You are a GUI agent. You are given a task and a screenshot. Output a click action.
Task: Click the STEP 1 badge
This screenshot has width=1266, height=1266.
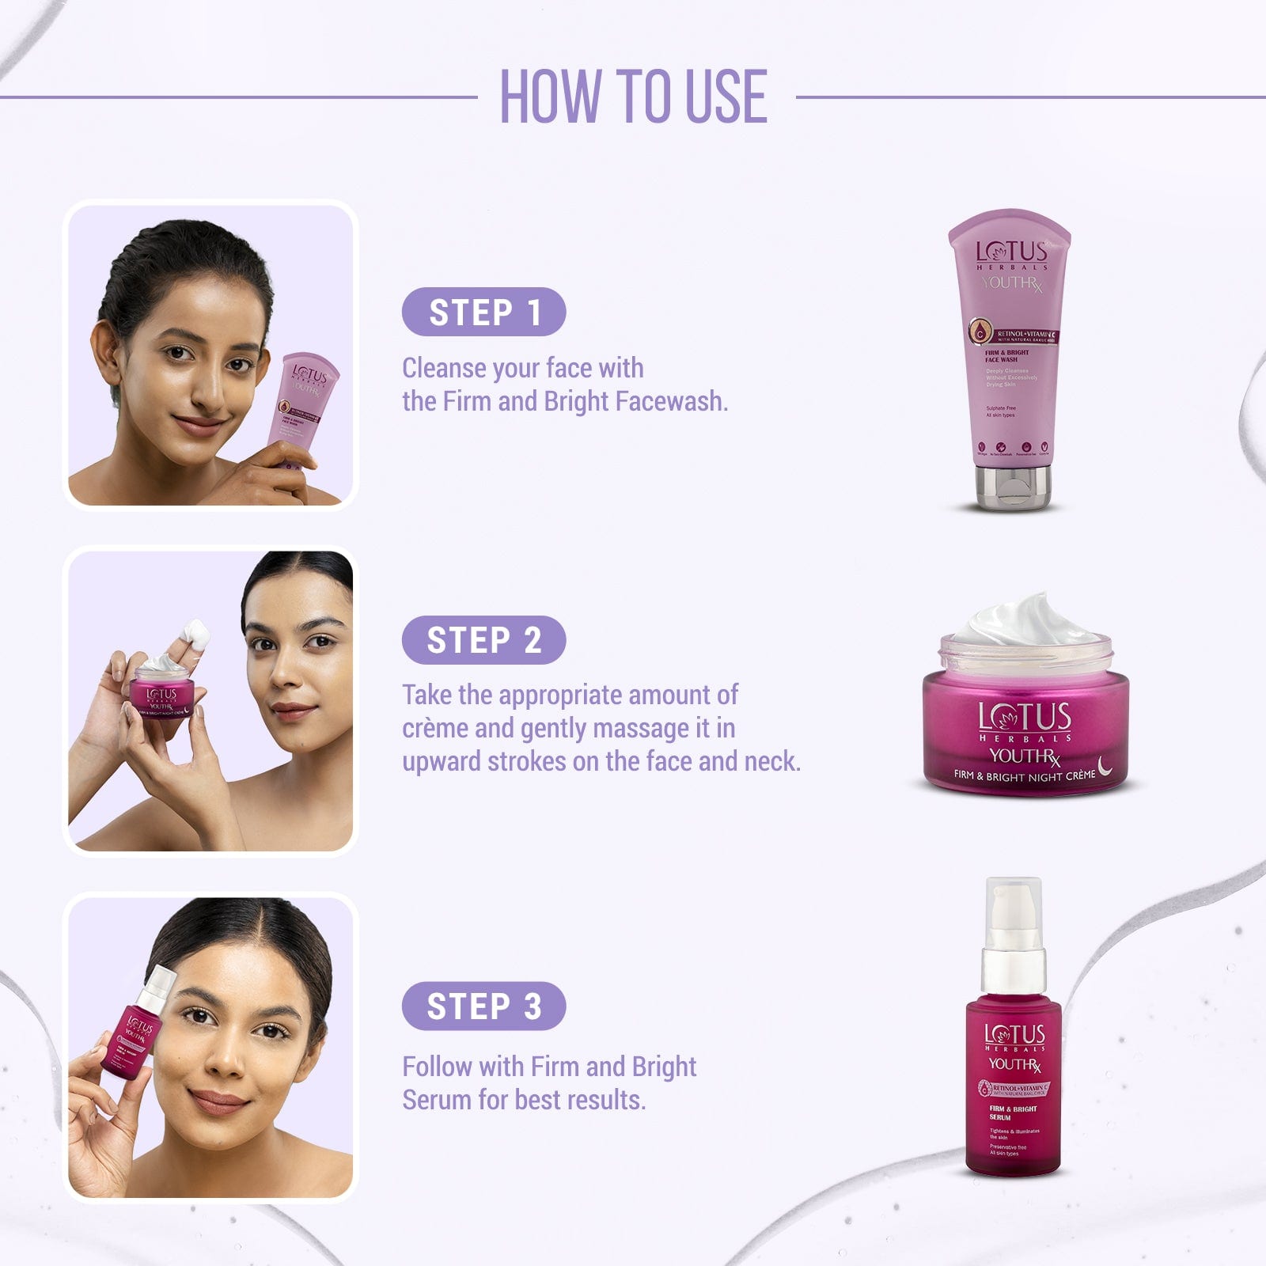[x=483, y=312]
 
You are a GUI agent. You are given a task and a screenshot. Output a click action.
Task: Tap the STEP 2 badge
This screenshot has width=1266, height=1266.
[x=483, y=640]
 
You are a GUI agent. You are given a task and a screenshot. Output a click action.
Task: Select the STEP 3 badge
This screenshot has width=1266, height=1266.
[x=483, y=1006]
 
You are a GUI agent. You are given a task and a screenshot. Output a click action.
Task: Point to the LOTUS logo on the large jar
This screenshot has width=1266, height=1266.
[x=1024, y=717]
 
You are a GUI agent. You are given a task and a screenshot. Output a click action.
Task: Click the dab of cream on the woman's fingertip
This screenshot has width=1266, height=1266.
[x=195, y=633]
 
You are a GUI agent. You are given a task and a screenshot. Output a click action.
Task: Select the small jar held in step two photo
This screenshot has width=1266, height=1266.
[x=161, y=692]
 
